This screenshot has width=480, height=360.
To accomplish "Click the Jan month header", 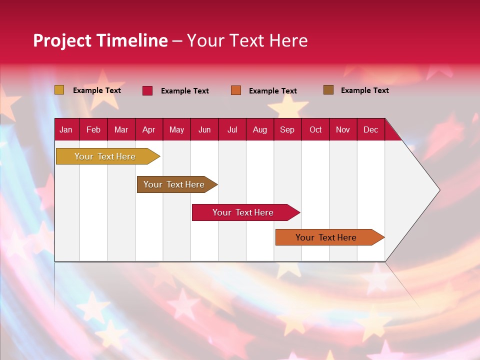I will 66,130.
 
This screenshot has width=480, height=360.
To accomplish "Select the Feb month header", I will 93,130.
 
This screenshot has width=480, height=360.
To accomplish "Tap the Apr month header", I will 148,130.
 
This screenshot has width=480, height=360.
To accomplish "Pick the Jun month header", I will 204,130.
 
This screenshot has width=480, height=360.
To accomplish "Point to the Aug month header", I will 260,130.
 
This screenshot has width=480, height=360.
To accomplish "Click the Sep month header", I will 287,130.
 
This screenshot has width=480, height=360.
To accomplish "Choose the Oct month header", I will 315,130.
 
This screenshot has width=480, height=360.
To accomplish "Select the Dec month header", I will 370,130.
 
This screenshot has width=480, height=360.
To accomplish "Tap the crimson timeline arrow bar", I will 243,212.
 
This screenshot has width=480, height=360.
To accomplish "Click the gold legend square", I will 59,90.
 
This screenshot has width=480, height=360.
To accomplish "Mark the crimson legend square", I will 147,90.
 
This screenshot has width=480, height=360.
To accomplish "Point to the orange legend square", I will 236,90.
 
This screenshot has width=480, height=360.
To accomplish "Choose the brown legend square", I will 328,90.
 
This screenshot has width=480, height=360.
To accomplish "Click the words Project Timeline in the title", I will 100,40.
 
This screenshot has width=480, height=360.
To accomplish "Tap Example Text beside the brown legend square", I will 364,90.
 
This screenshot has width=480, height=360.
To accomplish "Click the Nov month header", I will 343,130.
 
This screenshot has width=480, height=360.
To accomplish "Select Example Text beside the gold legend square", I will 97,90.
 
